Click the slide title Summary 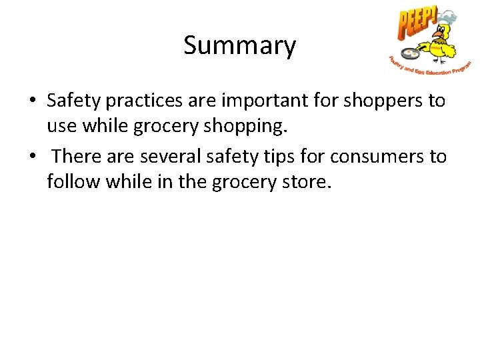[239, 46]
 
